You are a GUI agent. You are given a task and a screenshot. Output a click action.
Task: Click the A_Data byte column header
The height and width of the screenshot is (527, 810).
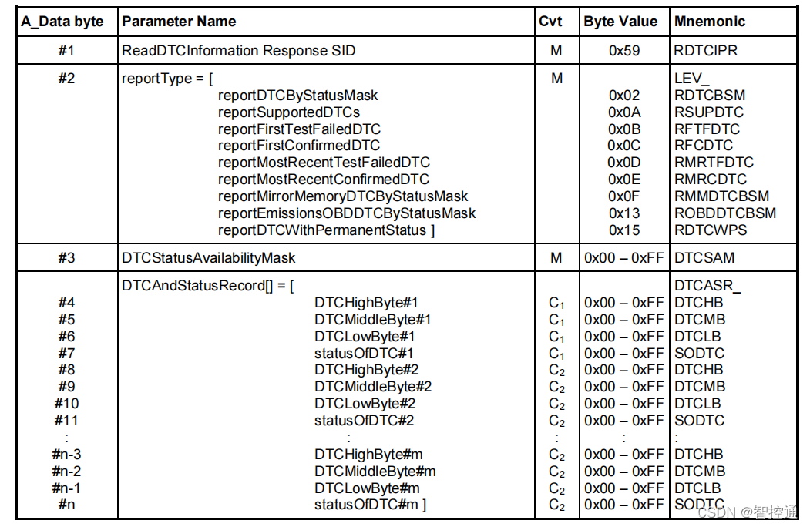click(62, 22)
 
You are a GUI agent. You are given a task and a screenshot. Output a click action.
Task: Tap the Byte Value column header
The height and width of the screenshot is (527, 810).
click(620, 22)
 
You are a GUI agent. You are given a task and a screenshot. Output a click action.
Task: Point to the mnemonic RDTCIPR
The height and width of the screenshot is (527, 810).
click(705, 51)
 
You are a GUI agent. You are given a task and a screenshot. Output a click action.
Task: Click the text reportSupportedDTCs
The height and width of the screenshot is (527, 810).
click(289, 112)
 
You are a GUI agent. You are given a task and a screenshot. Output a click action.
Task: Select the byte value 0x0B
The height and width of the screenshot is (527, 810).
click(624, 129)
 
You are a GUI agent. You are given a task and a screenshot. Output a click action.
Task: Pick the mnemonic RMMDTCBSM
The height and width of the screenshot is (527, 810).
click(721, 196)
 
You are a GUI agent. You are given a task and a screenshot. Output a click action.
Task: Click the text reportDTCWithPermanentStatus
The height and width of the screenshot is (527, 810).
click(326, 230)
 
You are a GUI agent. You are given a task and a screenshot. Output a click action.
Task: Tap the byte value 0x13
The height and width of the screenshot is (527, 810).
click(624, 213)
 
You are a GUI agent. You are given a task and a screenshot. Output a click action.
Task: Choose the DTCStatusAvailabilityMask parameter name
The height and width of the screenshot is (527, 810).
click(209, 258)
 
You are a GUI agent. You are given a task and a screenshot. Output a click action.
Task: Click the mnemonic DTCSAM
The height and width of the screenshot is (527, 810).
click(704, 258)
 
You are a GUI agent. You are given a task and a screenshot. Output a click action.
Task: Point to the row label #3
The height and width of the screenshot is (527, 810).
click(66, 258)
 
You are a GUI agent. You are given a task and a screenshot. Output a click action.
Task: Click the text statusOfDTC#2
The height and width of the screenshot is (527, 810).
click(365, 421)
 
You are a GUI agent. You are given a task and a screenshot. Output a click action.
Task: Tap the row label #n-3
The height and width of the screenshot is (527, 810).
click(66, 455)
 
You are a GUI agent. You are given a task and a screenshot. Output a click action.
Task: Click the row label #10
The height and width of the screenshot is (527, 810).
click(66, 404)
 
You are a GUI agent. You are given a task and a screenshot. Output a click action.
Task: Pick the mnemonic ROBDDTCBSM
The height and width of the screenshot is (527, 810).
click(725, 213)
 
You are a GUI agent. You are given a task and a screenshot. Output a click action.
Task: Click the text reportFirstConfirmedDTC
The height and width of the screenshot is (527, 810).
click(299, 146)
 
